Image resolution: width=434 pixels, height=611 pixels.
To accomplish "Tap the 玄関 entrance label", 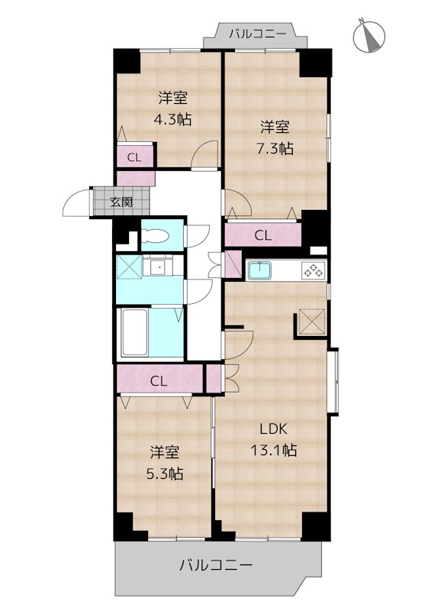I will [x=120, y=202].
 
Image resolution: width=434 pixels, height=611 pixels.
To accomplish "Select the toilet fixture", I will [x=158, y=234].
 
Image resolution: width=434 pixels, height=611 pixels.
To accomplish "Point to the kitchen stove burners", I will [x=313, y=270].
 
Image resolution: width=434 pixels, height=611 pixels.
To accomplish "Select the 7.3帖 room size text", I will [x=275, y=138].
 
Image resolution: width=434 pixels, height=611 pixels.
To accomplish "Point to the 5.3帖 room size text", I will [x=165, y=463].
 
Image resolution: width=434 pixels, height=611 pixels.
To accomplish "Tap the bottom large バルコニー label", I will [x=216, y=566].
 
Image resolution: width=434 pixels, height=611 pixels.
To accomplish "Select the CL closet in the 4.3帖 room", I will [x=134, y=158].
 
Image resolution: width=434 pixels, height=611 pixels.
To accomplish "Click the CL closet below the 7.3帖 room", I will [x=263, y=235].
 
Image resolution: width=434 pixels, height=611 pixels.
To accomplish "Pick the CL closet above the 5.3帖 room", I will [x=159, y=380].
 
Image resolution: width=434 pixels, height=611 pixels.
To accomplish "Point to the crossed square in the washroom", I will [x=127, y=268].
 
